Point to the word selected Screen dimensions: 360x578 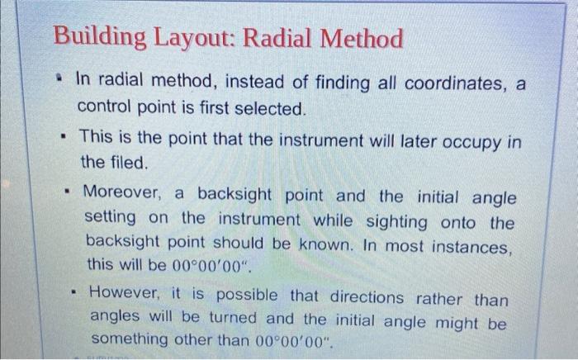pos(271,108)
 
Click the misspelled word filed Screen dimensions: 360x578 pos(127,163)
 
